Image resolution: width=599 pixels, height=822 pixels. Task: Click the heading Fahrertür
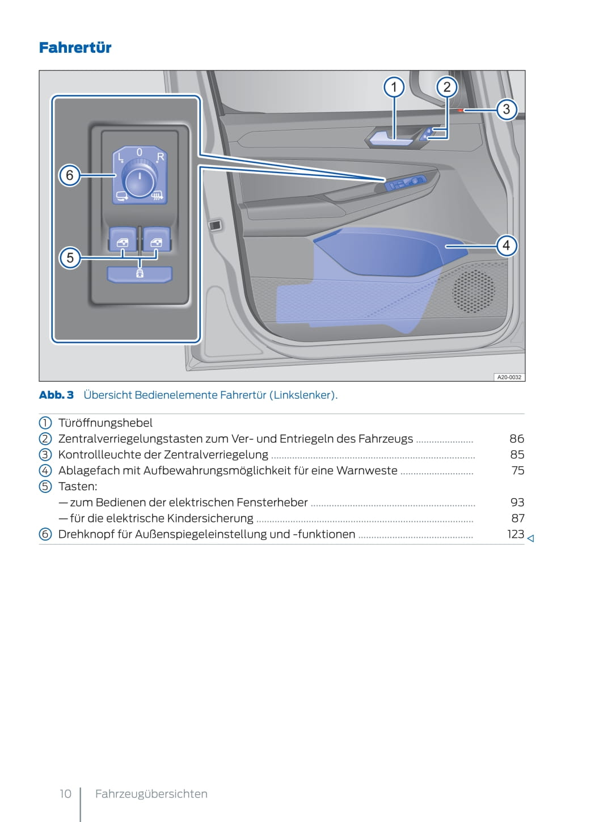pyautogui.click(x=75, y=48)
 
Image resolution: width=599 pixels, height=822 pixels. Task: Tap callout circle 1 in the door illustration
pyautogui.click(x=394, y=87)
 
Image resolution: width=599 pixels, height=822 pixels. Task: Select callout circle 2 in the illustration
pyautogui.click(x=447, y=87)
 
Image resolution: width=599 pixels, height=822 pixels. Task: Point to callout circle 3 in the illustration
pyautogui.click(x=507, y=109)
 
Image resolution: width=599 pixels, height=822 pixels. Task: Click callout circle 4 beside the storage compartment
pyautogui.click(x=506, y=246)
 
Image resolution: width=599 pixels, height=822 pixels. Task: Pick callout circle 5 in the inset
pyautogui.click(x=70, y=258)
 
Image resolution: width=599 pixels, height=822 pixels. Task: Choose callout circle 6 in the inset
pyautogui.click(x=70, y=175)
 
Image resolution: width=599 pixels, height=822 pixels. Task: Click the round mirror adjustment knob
pyautogui.click(x=140, y=178)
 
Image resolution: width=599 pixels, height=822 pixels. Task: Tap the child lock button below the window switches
pyautogui.click(x=140, y=274)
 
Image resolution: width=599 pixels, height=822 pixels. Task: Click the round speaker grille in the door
pyautogui.click(x=473, y=292)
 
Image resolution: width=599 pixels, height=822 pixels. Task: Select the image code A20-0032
pyautogui.click(x=509, y=377)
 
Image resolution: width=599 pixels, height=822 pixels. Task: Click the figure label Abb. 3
pyautogui.click(x=56, y=395)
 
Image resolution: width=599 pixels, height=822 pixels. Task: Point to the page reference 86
pyautogui.click(x=516, y=439)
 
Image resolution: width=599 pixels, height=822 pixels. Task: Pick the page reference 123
pyautogui.click(x=515, y=534)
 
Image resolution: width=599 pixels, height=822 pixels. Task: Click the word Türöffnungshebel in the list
pyautogui.click(x=106, y=423)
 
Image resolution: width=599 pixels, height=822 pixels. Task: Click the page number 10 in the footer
pyautogui.click(x=66, y=794)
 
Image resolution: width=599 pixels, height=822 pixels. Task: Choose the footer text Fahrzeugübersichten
pyautogui.click(x=151, y=794)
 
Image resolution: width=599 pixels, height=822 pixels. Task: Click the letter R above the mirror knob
pyautogui.click(x=160, y=157)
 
